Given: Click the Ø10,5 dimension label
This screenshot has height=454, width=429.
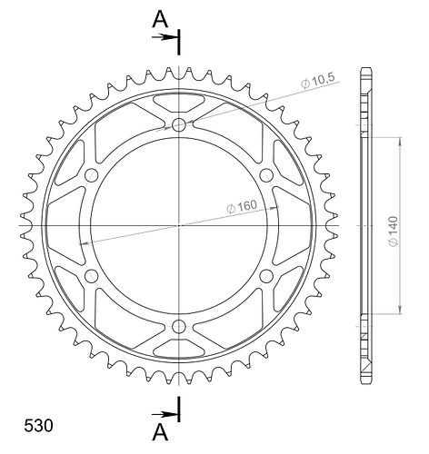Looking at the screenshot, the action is point(318,81).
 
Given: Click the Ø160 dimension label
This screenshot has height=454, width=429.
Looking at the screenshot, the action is point(242,207).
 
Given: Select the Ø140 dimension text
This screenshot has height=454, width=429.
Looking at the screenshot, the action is point(394,232).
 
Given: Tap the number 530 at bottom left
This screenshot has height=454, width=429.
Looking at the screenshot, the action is point(38,426).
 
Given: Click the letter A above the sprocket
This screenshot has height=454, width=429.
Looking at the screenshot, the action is point(160,19).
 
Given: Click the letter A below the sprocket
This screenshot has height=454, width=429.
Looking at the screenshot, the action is point(160,432).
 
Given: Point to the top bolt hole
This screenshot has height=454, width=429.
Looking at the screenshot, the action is point(179,124).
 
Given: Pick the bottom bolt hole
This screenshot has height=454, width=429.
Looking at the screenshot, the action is point(179,326).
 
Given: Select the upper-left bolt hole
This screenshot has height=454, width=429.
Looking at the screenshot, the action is point(91,175).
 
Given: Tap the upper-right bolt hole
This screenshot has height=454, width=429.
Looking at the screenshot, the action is point(266,175).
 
